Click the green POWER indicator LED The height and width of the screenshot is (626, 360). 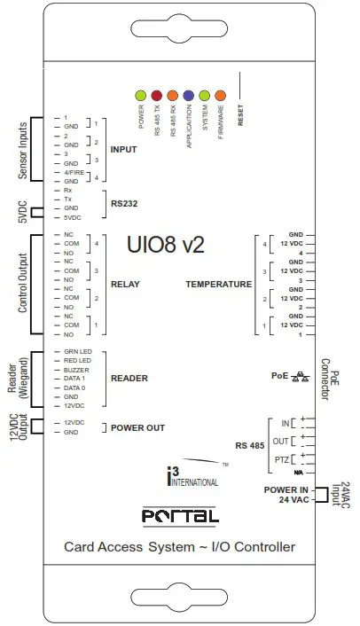pyautogui.click(x=140, y=94)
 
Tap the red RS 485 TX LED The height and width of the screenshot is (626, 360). pyautogui.click(x=157, y=94)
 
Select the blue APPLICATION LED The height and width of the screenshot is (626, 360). pyautogui.click(x=189, y=94)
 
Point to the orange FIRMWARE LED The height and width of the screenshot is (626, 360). pyautogui.click(x=221, y=94)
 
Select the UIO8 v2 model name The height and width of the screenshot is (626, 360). pyautogui.click(x=166, y=244)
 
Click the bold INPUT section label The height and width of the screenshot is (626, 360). pyautogui.click(x=124, y=148)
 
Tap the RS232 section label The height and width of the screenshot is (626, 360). pyautogui.click(x=123, y=203)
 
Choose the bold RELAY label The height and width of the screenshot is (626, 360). pyautogui.click(x=124, y=285)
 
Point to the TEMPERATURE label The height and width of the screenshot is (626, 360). pyautogui.click(x=218, y=285)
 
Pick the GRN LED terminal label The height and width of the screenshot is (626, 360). pyautogui.click(x=78, y=352)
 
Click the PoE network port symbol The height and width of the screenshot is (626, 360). pyautogui.click(x=302, y=375)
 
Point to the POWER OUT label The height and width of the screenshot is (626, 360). pyautogui.click(x=137, y=427)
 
